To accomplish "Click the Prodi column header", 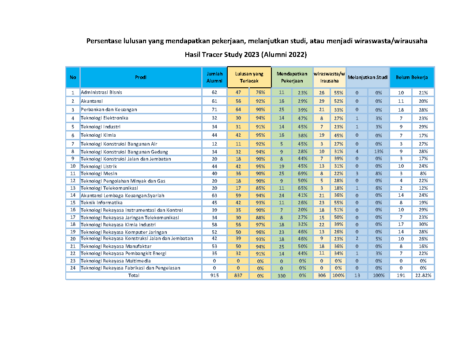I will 141,77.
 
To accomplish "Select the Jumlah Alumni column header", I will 214,77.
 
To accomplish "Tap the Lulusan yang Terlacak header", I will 249,77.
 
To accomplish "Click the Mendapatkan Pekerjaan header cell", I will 292,77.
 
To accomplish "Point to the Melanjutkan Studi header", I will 368,77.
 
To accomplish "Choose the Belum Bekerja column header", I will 412,77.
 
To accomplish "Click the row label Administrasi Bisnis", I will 101,92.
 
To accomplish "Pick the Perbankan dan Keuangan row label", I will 109,109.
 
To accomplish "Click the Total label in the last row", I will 133,275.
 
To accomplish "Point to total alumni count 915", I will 214,275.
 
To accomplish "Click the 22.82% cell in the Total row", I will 423,275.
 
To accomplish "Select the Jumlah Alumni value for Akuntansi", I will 214,101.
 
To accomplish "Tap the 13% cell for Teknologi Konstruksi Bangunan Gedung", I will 379,152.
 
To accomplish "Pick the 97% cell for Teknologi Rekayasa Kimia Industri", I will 260,225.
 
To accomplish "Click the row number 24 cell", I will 73,268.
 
